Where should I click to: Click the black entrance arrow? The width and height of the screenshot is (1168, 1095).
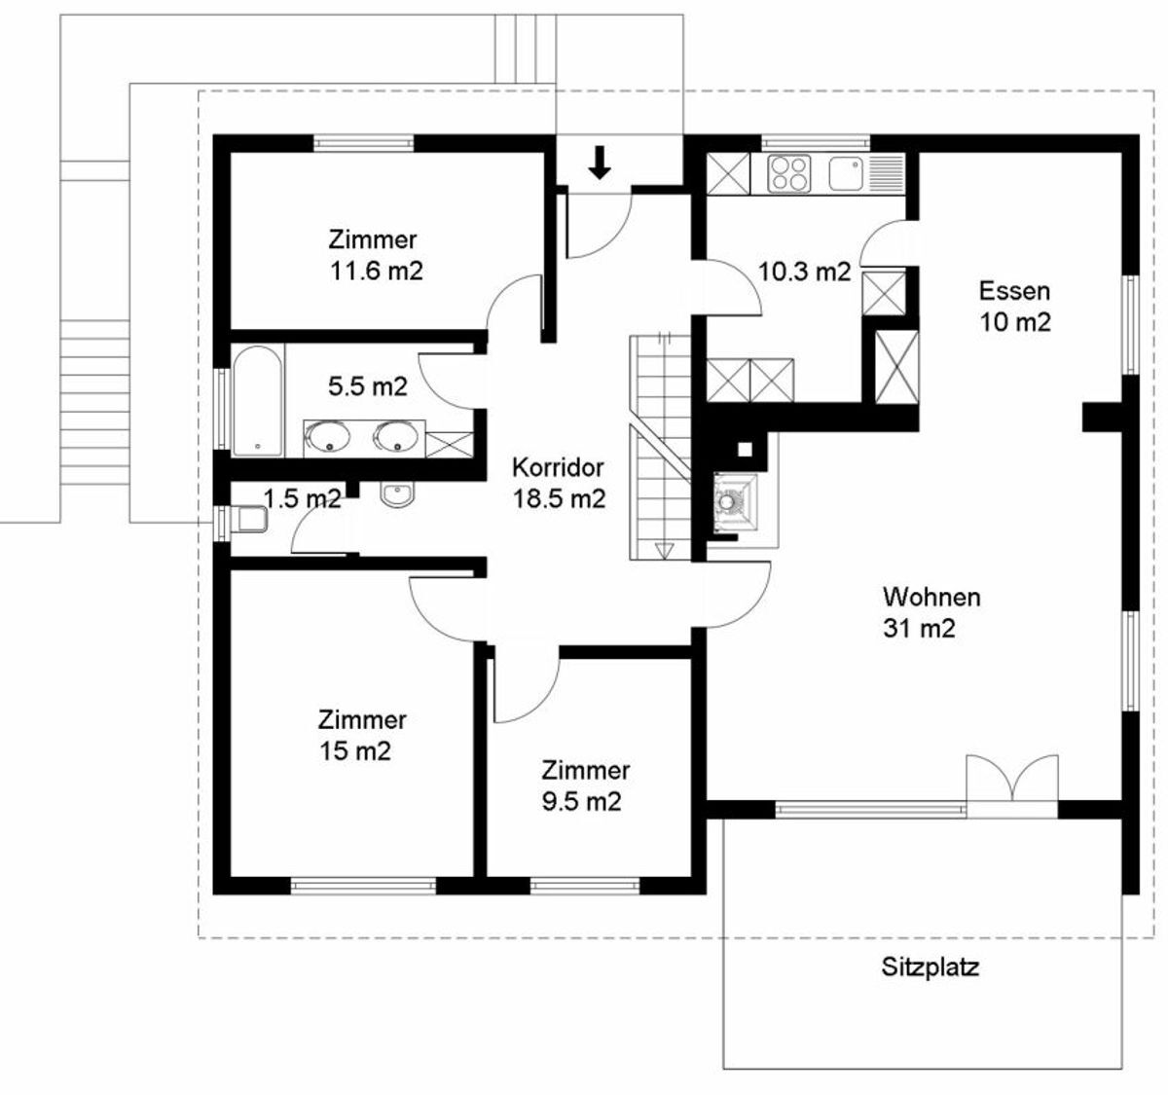click(x=600, y=163)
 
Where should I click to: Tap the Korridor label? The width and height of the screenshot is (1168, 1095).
click(x=558, y=468)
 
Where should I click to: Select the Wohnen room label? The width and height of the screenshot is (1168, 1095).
click(x=931, y=598)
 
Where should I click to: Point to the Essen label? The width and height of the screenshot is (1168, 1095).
click(x=1014, y=291)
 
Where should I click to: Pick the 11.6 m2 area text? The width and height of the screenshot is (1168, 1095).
click(x=377, y=272)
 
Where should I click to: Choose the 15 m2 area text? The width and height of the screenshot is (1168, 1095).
click(x=355, y=751)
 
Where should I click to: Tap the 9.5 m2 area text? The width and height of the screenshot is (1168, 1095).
click(x=582, y=801)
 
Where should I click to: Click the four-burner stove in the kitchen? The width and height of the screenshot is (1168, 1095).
click(x=788, y=173)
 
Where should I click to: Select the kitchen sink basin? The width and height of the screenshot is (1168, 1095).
click(x=846, y=173)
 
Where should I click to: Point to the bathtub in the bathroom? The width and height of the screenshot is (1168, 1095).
click(x=258, y=401)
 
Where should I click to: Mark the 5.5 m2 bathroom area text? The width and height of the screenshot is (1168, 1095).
click(x=368, y=386)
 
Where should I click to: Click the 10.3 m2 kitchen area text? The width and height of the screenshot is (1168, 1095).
click(x=805, y=272)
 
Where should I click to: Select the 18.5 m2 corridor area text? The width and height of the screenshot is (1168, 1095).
click(x=560, y=499)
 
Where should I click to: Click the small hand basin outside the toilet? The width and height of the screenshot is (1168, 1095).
click(x=398, y=493)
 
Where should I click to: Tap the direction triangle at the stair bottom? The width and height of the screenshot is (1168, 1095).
click(x=664, y=551)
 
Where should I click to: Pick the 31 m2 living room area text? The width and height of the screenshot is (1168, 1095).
click(x=919, y=629)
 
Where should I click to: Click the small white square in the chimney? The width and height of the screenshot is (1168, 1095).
click(x=745, y=449)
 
